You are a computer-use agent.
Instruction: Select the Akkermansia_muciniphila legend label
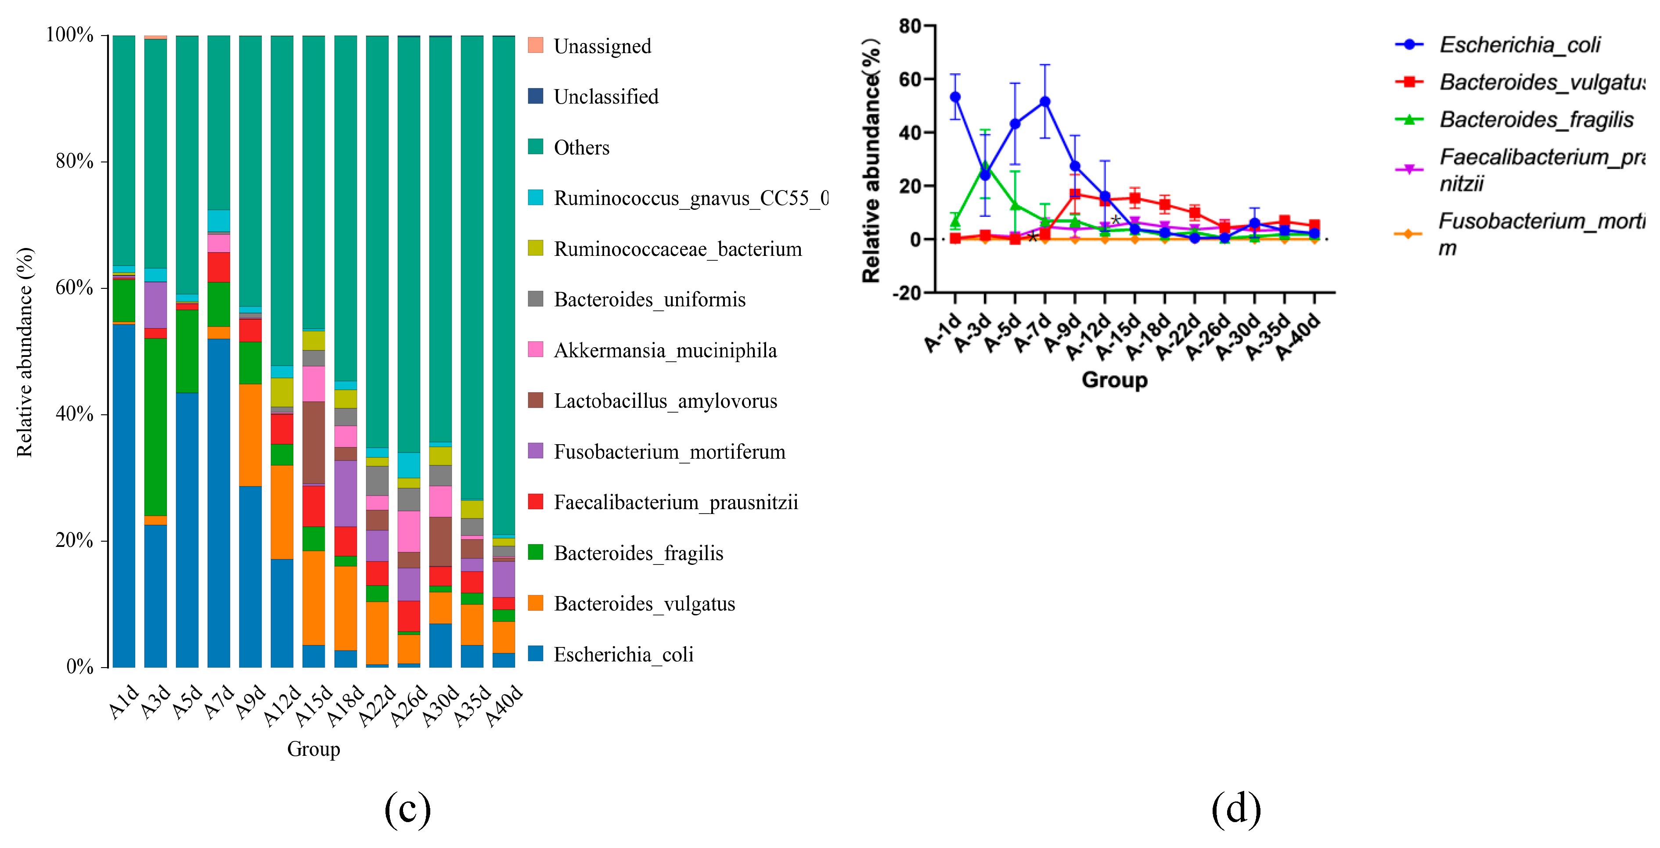[x=665, y=351]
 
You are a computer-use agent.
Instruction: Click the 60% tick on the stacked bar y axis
[x=74, y=287]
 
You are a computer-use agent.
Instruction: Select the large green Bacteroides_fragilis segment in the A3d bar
[x=155, y=427]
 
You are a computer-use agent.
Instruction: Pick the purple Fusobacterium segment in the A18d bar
[x=346, y=493]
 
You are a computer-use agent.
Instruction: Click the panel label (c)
[x=407, y=808]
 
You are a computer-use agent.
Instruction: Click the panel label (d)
[x=1236, y=808]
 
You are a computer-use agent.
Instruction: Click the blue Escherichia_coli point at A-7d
[x=1045, y=102]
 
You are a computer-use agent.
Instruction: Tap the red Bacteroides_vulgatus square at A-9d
[x=1075, y=194]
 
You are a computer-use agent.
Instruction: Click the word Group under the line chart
[x=1114, y=380]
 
